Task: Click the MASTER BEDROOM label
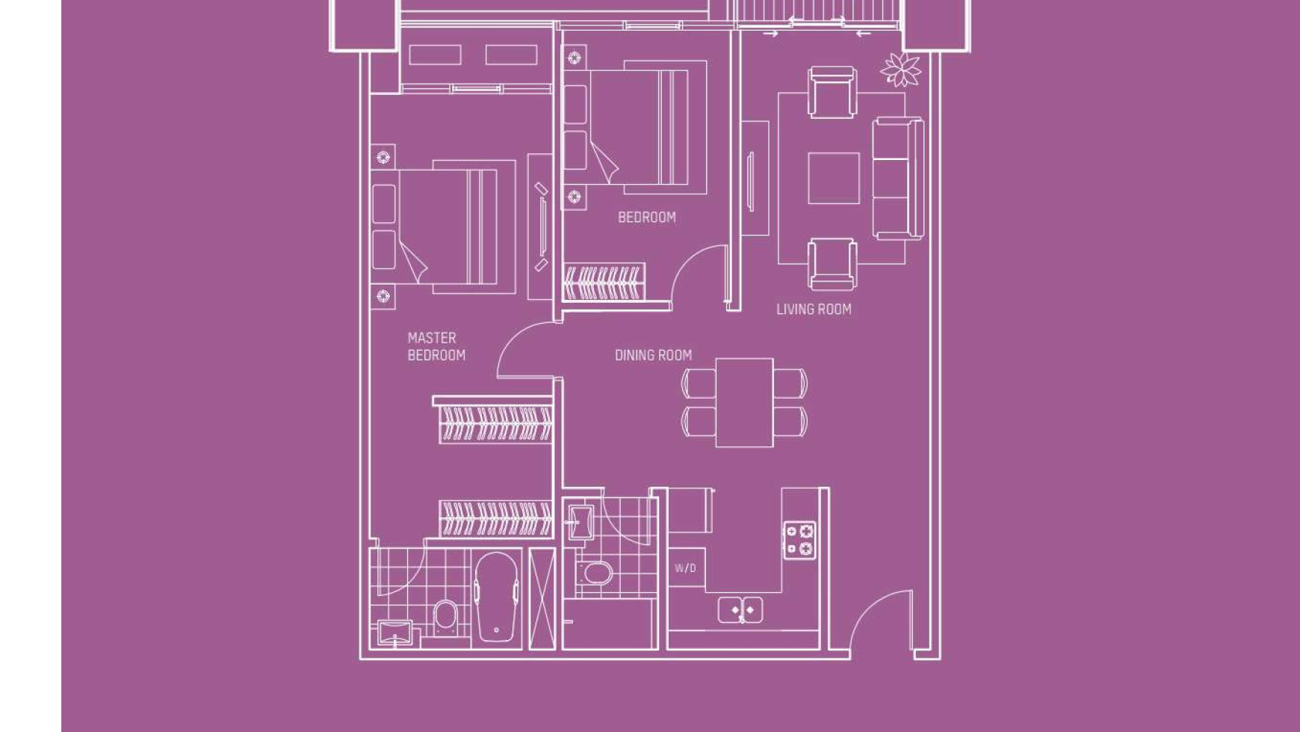(436, 347)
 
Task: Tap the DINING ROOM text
(653, 355)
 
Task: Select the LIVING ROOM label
(814, 310)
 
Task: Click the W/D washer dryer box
(686, 568)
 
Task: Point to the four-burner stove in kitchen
(799, 540)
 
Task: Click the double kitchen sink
(740, 610)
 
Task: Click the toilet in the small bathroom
(597, 574)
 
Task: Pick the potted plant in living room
(901, 70)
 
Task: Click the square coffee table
(833, 178)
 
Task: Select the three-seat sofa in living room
(897, 178)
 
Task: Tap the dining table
(744, 402)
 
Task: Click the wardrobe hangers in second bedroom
(604, 283)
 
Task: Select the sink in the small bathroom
(580, 520)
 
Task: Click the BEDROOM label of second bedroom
(647, 218)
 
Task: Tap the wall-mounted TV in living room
(751, 180)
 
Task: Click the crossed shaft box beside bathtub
(542, 598)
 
